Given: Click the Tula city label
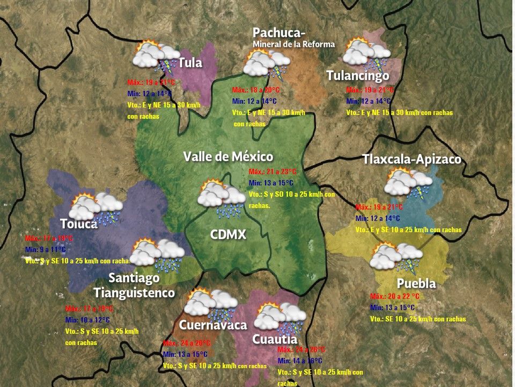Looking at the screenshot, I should [x=190, y=63].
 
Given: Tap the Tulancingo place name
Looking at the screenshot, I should [x=358, y=76].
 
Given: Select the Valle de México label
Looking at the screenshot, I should [x=228, y=157].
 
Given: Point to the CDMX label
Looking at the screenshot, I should [x=227, y=234].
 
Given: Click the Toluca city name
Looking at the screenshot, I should [x=78, y=224].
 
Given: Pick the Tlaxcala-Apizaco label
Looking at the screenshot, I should [x=411, y=160].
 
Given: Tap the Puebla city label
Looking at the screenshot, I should [x=416, y=283].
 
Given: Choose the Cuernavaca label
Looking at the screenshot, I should [x=213, y=325].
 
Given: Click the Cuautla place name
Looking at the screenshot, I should [x=275, y=339].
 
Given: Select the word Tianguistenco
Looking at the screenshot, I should [x=134, y=293].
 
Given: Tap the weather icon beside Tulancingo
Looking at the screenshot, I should [x=367, y=54].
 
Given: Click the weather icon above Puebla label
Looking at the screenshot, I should [x=396, y=256].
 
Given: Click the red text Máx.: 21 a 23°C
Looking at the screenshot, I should [x=273, y=171].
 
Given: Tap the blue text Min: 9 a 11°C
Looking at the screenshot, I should [x=45, y=249].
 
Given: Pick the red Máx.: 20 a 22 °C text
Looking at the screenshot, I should [x=395, y=296].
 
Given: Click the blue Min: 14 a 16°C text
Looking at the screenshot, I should [x=300, y=361].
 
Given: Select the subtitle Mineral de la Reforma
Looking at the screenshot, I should [x=293, y=44].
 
